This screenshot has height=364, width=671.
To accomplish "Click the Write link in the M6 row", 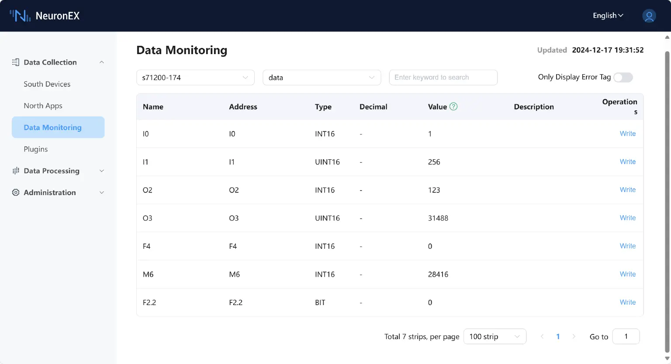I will [627, 274].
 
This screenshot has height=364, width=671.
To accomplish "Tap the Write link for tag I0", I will [627, 134].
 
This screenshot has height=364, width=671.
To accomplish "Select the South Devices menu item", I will [47, 84].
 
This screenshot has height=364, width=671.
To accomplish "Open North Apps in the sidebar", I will [43, 106].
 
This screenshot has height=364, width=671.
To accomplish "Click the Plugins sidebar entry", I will [36, 149].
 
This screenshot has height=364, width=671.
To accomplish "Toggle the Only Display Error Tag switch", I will [623, 77].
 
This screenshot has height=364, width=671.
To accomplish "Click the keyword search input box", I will [443, 77].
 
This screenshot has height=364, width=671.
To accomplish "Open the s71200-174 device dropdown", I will [195, 77].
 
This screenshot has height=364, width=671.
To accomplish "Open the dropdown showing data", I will [322, 77].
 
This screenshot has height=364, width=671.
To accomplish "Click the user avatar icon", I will [649, 16].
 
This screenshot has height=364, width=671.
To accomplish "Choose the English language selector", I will [608, 16].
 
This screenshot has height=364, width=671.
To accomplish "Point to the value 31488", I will [438, 218].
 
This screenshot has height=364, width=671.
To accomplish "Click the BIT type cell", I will [320, 302].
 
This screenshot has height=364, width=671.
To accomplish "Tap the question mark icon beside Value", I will [453, 106].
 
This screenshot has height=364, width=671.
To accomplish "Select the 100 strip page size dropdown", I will [495, 337].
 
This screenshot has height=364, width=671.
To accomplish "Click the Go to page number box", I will [626, 337].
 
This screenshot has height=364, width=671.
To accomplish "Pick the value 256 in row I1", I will [434, 162].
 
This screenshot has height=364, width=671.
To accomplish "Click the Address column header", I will [243, 107].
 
